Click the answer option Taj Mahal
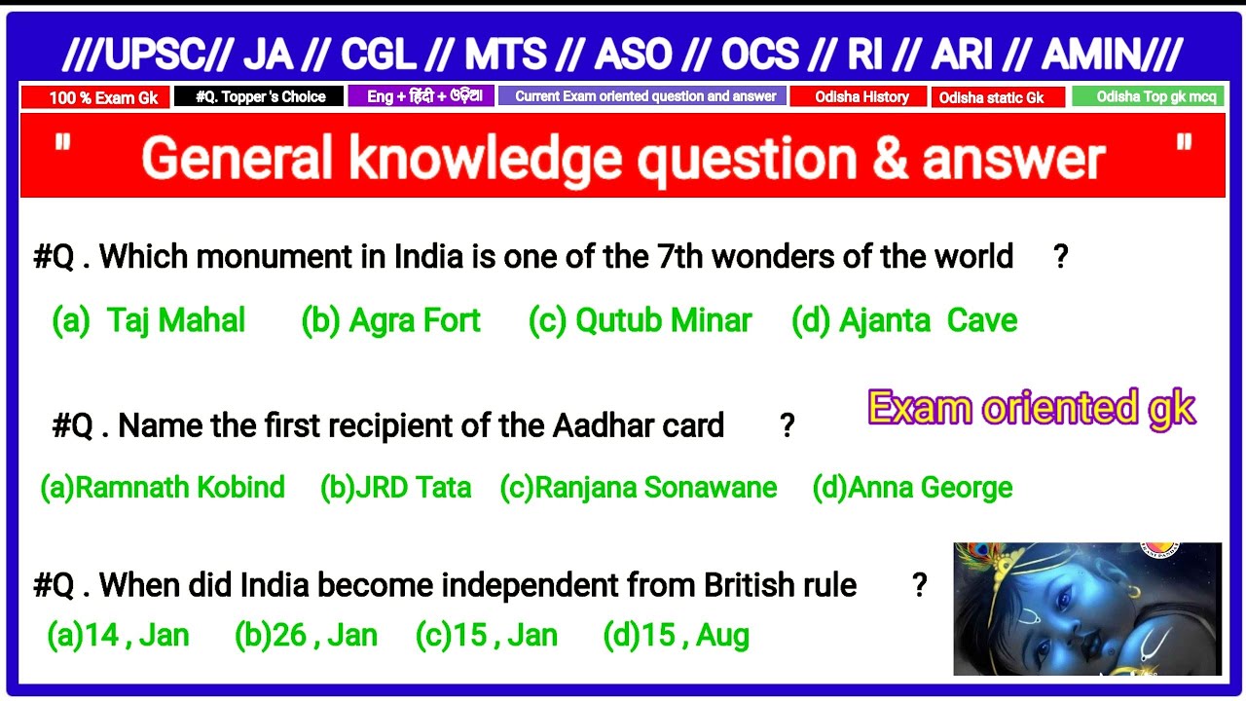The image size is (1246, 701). tap(149, 320)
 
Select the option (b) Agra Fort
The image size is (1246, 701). tap(391, 320)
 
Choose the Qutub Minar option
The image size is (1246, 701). tap(640, 320)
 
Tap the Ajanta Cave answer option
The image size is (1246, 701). tap(904, 320)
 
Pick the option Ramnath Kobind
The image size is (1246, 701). tap(163, 487)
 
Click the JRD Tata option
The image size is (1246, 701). tap(395, 487)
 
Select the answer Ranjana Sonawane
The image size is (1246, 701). tap(639, 487)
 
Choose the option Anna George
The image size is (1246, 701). tap(912, 487)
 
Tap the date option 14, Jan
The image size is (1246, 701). tap(118, 636)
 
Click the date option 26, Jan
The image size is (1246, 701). tap(306, 636)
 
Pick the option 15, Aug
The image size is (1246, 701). tap(677, 636)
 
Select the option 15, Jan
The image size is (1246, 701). tap(487, 636)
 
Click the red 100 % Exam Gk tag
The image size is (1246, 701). tap(95, 97)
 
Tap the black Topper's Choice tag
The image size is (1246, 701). tap(259, 96)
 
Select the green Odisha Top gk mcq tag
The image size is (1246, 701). tap(1148, 96)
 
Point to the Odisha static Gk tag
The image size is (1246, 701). tap(997, 97)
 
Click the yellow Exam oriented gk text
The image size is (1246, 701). tap(1031, 408)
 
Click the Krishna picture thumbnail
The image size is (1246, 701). tap(1086, 609)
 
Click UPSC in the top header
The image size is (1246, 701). tap(146, 55)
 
